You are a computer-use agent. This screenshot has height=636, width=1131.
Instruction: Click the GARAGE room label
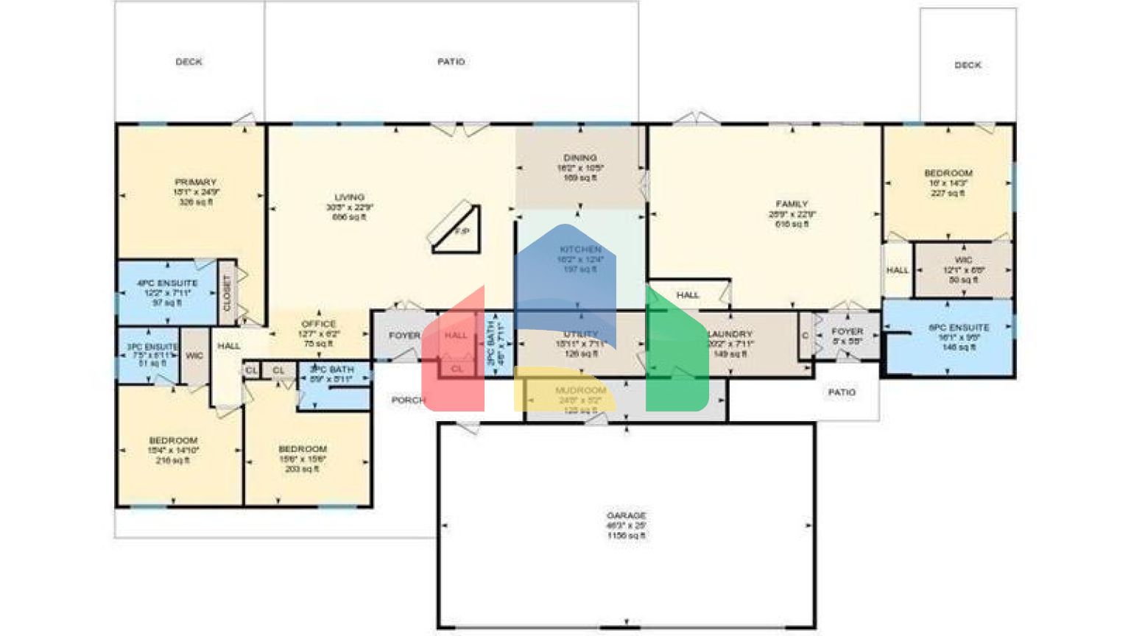pyautogui.click(x=626, y=516)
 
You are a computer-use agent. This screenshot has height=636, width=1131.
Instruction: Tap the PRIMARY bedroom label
pyautogui.click(x=195, y=183)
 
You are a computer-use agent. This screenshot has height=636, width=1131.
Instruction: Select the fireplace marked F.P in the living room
pyautogui.click(x=459, y=229)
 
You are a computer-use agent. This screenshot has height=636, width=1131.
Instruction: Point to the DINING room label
pyautogui.click(x=579, y=158)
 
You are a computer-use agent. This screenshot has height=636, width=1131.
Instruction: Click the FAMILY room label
pyautogui.click(x=792, y=204)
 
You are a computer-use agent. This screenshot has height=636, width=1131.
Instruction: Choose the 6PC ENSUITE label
pyautogui.click(x=959, y=328)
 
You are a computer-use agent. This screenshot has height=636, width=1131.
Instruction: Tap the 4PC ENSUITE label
pyautogui.click(x=167, y=283)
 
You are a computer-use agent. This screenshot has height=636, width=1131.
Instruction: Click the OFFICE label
pyautogui.click(x=319, y=324)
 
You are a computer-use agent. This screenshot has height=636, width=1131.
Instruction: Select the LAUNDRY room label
pyautogui.click(x=731, y=334)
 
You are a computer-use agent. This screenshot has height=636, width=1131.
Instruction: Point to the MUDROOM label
pyautogui.click(x=581, y=390)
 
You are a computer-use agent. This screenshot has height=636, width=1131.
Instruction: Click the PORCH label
pyautogui.click(x=408, y=400)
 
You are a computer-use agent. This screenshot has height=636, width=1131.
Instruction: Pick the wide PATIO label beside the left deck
pyautogui.click(x=451, y=62)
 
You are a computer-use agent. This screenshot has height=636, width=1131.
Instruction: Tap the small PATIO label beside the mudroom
pyautogui.click(x=842, y=392)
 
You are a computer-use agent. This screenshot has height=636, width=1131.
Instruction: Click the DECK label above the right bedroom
pyautogui.click(x=968, y=65)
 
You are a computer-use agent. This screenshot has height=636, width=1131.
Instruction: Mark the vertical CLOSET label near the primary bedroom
pyautogui.click(x=227, y=292)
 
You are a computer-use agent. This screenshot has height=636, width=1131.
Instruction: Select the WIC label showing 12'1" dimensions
pyautogui.click(x=963, y=260)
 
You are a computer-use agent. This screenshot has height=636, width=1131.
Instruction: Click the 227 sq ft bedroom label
pyautogui.click(x=948, y=174)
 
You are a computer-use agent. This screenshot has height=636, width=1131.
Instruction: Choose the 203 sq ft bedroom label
pyautogui.click(x=303, y=449)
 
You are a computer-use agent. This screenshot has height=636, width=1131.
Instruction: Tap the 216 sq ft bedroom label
pyautogui.click(x=173, y=440)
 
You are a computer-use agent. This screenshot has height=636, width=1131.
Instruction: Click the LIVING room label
pyautogui.click(x=349, y=197)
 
